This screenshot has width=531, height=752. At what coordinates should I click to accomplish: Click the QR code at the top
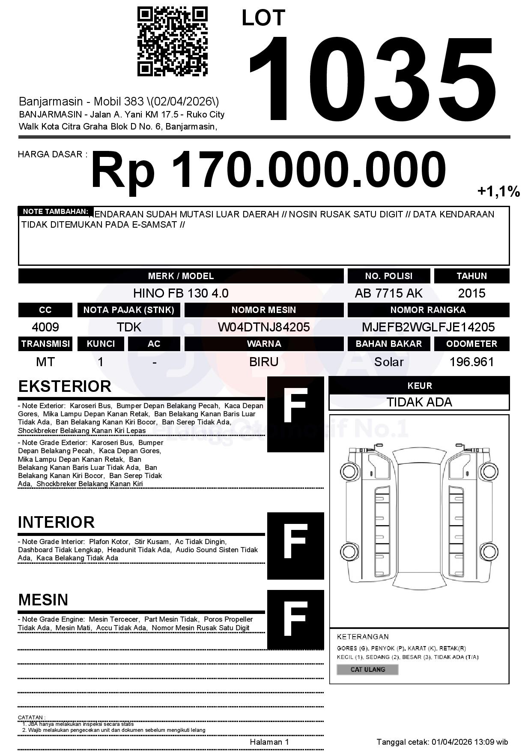tap(173, 41)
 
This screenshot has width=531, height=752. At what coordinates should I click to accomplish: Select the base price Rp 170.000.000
tap(268, 170)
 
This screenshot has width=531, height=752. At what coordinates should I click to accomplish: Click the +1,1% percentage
tap(498, 191)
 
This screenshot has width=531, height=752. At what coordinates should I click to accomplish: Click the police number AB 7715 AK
tap(388, 293)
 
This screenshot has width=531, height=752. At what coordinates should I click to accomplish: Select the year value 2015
tap(471, 293)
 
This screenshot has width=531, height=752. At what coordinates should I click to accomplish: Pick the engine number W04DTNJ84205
tap(264, 327)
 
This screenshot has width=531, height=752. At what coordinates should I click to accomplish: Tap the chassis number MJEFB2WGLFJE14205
tap(428, 327)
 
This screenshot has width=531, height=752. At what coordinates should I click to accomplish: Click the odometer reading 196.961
tap(471, 362)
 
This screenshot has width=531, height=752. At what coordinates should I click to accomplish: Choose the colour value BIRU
tap(264, 362)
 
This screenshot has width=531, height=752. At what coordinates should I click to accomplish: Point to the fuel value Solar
tap(388, 362)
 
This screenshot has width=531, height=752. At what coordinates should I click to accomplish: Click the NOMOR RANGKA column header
tap(428, 310)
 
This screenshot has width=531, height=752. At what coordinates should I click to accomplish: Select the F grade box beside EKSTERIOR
tap(295, 414)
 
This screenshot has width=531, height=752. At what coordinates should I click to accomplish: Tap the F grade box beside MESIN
tap(295, 620)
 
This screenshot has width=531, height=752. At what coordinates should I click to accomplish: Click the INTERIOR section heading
tap(56, 522)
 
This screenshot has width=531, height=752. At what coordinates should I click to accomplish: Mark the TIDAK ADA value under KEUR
tap(419, 402)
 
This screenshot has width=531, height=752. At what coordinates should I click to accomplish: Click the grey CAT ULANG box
tap(367, 669)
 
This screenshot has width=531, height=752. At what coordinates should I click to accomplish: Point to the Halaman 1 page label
tap(269, 742)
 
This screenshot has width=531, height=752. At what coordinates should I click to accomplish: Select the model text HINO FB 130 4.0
tap(181, 293)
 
